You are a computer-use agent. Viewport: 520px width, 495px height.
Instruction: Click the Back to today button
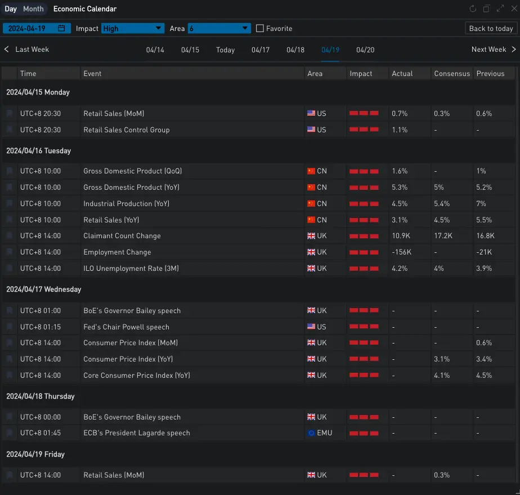point(491,29)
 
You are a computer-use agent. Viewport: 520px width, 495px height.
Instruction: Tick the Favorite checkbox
point(260,29)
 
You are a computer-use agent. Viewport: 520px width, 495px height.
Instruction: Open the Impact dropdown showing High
point(133,29)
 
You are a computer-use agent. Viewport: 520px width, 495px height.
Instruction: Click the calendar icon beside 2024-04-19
point(61,28)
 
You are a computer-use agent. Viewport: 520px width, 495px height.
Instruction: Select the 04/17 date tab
point(261,50)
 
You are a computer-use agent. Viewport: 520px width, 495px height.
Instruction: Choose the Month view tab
point(33,9)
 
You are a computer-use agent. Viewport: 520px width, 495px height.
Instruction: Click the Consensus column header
point(452,74)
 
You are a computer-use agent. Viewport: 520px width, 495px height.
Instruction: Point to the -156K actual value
point(401,252)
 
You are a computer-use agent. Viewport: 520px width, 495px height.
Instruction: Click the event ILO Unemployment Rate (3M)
point(131,269)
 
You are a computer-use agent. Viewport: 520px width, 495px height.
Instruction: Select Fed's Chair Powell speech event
point(127,327)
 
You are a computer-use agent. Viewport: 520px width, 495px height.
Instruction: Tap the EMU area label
point(324,433)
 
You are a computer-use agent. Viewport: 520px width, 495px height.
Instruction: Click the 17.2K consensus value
point(443,236)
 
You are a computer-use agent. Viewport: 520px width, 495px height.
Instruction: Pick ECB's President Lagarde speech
point(137,433)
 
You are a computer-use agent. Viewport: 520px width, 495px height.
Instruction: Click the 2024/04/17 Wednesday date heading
point(44,289)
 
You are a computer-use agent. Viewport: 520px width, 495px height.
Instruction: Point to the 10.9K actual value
point(401,236)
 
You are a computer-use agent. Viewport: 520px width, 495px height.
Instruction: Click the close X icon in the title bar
point(514,8)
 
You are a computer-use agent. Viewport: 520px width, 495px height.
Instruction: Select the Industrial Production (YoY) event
point(127,204)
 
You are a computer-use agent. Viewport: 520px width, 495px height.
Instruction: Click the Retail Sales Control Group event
point(127,130)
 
